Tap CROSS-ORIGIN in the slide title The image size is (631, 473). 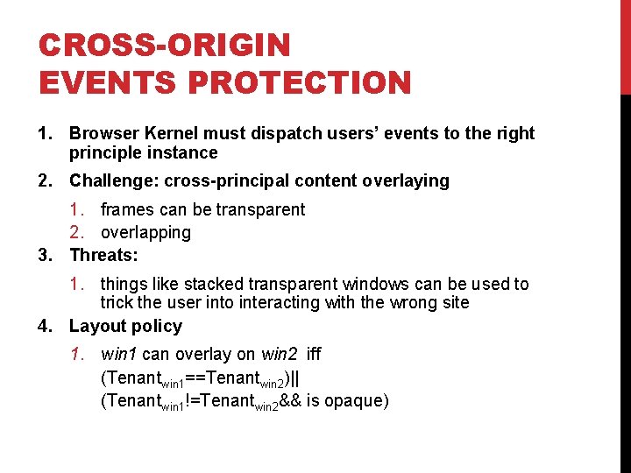164,46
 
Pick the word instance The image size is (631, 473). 179,152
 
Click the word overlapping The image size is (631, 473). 145,232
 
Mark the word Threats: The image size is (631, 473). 103,255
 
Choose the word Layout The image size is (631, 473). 96,326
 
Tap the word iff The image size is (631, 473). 313,354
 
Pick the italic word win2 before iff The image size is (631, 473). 280,354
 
